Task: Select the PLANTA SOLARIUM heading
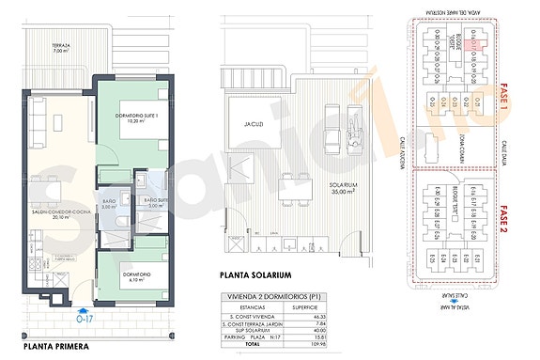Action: [x=259, y=275]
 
